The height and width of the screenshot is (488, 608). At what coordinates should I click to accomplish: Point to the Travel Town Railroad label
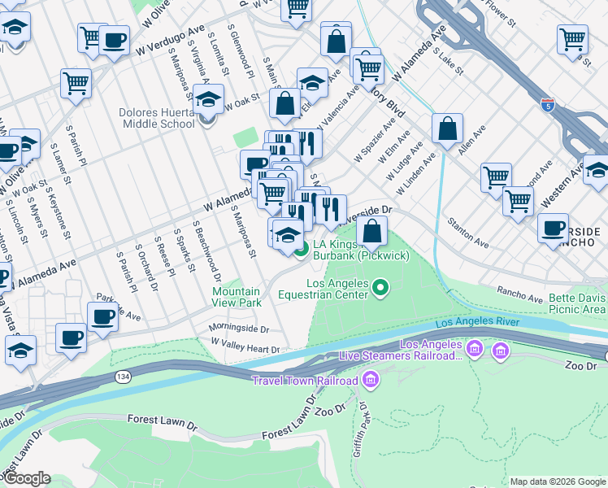tap(304, 381)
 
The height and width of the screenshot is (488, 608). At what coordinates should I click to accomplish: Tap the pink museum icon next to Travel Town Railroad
tap(371, 380)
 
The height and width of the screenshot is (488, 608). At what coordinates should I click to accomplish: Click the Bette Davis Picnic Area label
tap(571, 303)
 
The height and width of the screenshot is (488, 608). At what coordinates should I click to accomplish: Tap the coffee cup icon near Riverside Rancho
tap(554, 229)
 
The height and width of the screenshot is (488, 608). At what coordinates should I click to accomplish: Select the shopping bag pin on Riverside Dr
tap(371, 231)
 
